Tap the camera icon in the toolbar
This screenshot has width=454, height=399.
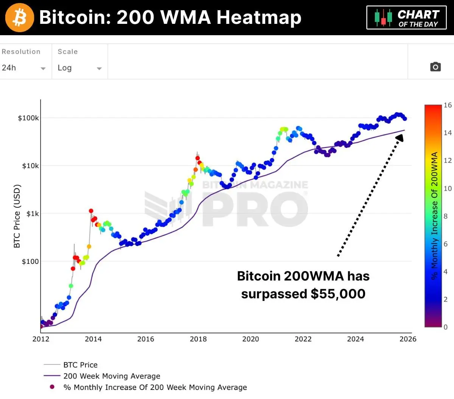point(435,67)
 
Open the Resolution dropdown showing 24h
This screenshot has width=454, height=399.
point(23,68)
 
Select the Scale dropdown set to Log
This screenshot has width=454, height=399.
point(79,68)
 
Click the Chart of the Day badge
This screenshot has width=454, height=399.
point(407,18)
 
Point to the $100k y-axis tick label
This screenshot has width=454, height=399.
point(28,118)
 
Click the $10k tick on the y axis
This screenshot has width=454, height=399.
point(30,166)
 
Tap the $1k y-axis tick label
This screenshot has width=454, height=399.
point(33,214)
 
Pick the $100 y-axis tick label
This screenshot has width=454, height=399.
point(30,261)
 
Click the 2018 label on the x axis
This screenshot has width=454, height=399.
point(198,339)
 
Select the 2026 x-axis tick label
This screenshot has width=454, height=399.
point(408,339)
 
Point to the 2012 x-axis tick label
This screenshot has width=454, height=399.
point(41,339)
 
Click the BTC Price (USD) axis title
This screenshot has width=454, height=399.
point(17,216)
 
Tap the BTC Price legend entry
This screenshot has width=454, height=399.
point(80,365)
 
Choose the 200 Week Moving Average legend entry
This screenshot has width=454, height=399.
point(112,376)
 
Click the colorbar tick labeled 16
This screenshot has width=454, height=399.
point(448,105)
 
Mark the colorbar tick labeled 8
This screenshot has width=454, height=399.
point(446,216)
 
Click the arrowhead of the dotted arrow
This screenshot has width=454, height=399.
point(400,137)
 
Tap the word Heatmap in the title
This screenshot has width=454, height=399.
point(259,17)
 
